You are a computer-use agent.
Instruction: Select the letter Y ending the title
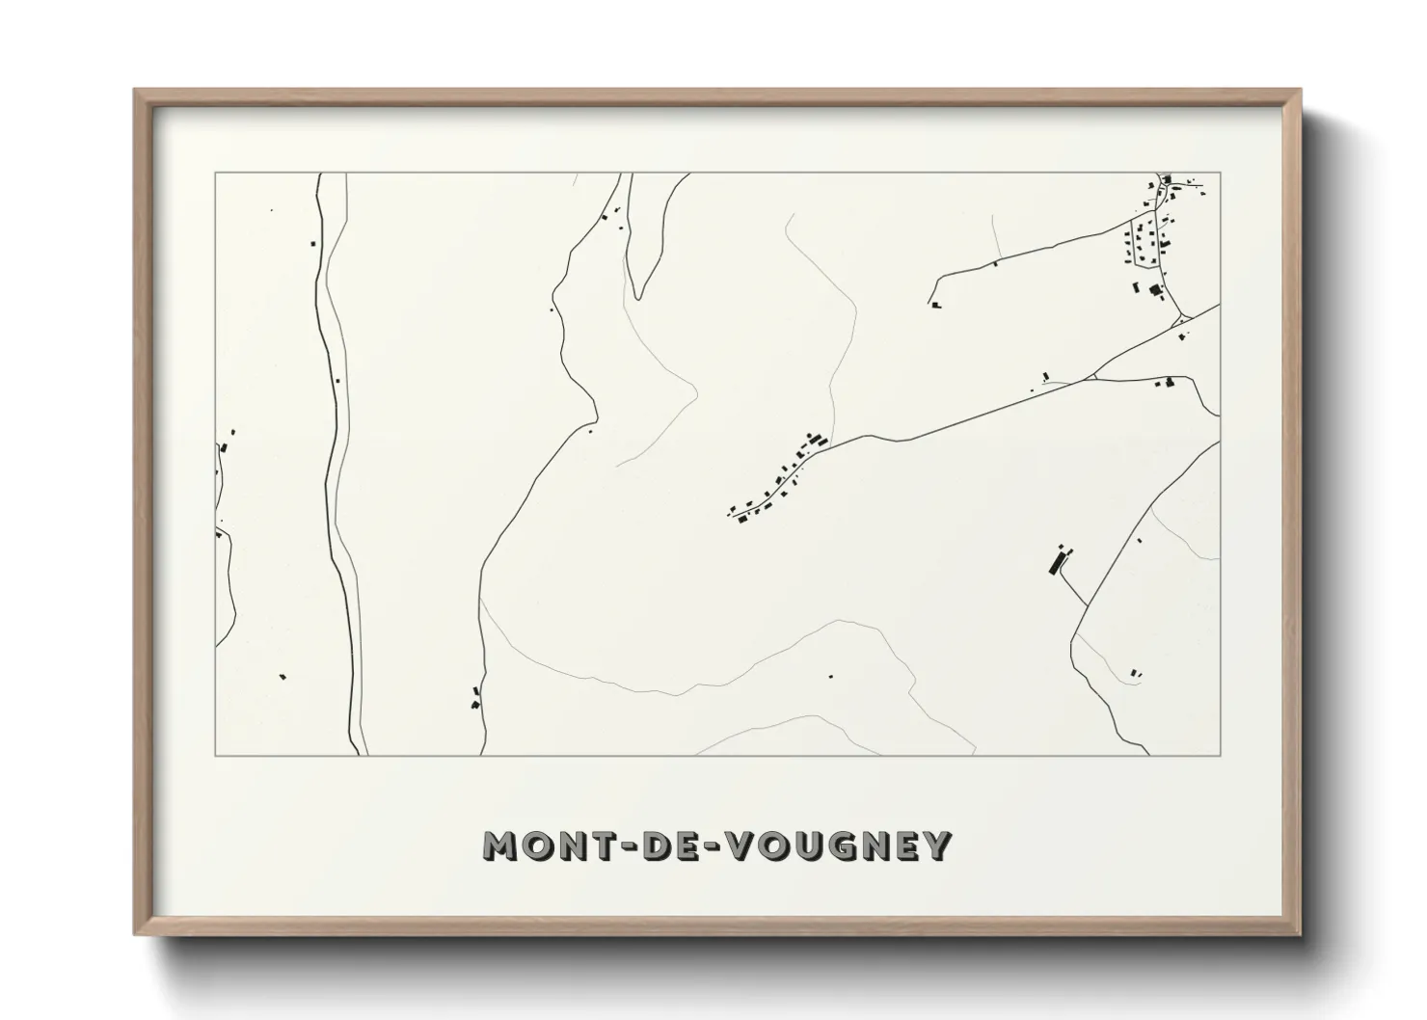click(x=936, y=846)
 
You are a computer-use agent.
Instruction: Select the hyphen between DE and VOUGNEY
click(x=715, y=846)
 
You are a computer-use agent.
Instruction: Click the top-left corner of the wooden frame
click(x=135, y=91)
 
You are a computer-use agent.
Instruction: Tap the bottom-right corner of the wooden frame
click(x=1301, y=934)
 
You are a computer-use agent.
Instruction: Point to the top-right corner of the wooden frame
click(x=1301, y=91)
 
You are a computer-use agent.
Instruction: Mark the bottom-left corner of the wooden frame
click(x=135, y=934)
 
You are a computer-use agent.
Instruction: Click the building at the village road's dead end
click(x=935, y=306)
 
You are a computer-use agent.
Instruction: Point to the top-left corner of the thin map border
click(x=216, y=174)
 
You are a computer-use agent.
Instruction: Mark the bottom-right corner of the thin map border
click(x=1220, y=755)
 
